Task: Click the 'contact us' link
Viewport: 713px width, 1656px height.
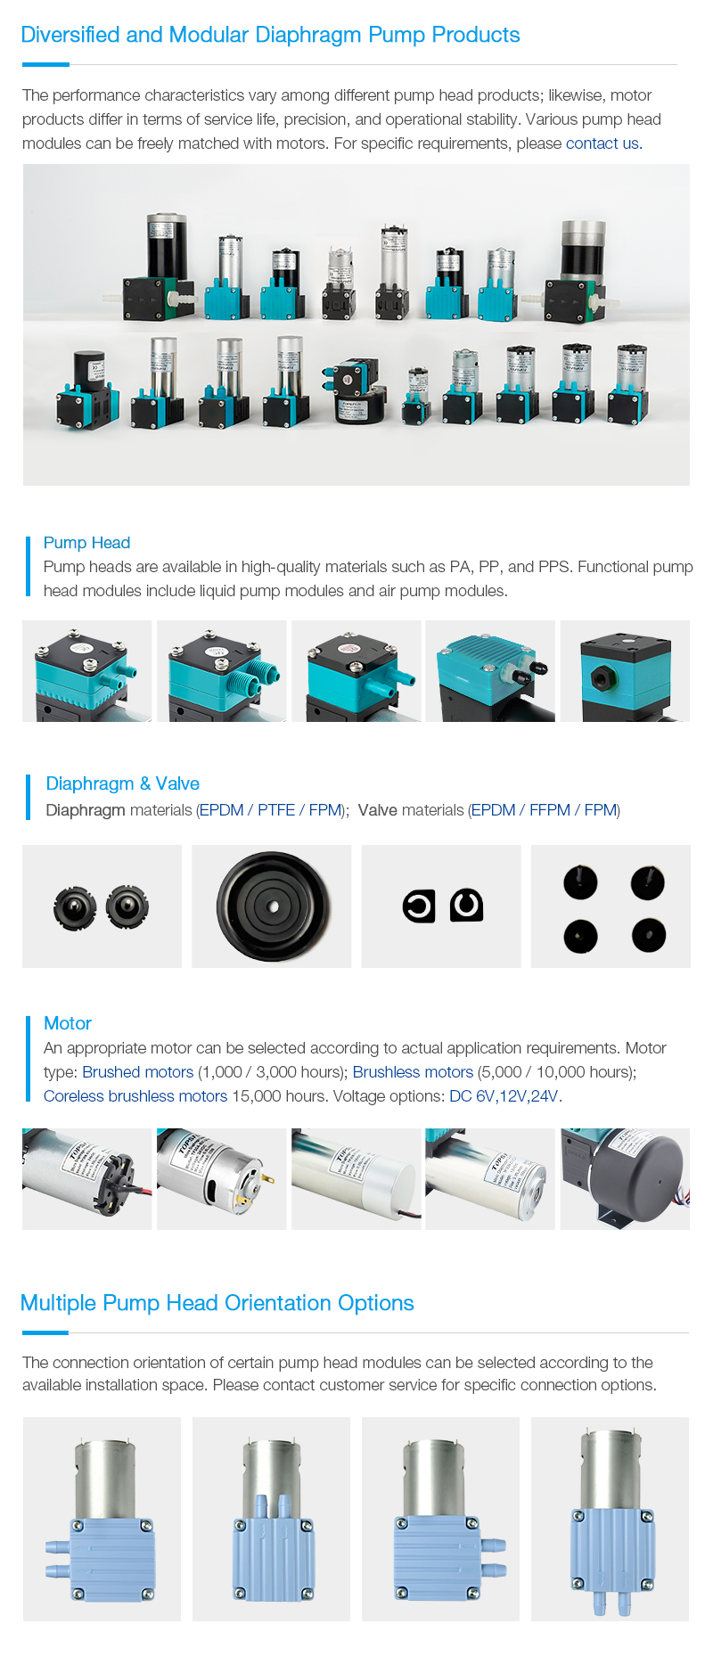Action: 602,143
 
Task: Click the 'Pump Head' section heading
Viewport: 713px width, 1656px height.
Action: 86,543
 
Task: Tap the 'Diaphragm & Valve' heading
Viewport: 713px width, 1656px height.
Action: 122,783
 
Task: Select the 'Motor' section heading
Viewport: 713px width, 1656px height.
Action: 68,1023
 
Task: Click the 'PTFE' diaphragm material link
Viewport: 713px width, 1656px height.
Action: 276,810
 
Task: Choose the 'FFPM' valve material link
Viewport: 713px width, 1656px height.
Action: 549,810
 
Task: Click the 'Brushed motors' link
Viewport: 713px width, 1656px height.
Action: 137,1072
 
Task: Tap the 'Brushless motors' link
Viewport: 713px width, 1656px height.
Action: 413,1072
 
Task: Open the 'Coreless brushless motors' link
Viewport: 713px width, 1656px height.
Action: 135,1096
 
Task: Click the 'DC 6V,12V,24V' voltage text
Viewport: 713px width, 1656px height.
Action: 504,1096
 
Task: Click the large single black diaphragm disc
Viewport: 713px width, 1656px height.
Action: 272,906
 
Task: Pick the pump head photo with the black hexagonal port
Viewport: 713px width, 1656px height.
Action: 625,671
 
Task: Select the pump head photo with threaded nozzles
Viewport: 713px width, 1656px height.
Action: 222,671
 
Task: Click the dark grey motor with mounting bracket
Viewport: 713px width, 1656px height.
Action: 625,1179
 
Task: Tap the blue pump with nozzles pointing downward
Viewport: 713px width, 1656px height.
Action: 611,1520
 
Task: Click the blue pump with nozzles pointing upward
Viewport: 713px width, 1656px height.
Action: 272,1520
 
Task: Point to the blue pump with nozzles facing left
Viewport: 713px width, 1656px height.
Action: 102,1520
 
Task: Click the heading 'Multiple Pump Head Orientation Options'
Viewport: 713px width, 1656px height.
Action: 217,1303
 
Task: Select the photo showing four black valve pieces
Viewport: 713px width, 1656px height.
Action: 611,906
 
